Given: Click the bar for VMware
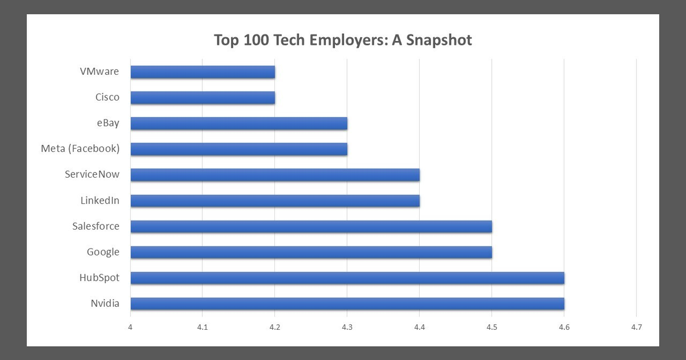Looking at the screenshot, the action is (202, 72).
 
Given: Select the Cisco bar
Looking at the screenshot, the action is (202, 98).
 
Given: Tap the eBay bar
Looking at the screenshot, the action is (238, 123).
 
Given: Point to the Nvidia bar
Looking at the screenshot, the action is (347, 303).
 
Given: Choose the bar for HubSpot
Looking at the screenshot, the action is (347, 278).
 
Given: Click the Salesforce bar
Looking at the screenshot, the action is (311, 226).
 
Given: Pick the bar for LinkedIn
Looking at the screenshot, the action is (275, 201).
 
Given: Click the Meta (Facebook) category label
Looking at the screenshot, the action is (80, 149).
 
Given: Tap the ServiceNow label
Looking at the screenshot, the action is (92, 175).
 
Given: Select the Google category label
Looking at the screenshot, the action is (103, 252).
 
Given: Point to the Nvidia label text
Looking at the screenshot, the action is (105, 303).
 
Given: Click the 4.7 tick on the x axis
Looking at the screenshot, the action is (636, 327).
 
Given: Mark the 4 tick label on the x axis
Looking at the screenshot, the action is (130, 327).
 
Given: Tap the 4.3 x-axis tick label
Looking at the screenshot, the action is (347, 327).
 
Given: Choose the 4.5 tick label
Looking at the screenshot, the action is (492, 327).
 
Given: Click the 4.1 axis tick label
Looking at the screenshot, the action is (202, 327).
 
